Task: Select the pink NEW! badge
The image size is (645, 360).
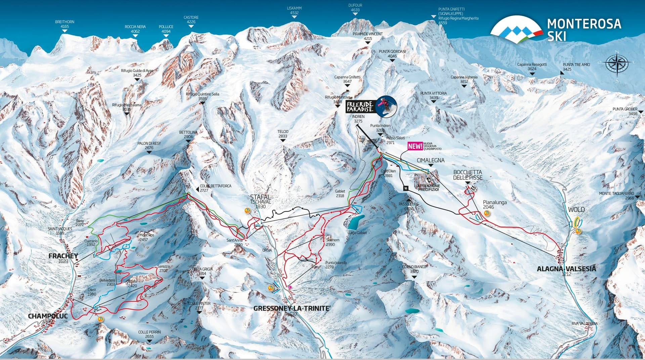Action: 415,146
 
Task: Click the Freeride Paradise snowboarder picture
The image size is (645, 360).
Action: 386,106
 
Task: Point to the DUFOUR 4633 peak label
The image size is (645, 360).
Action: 355,8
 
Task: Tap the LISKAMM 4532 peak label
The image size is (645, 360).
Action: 294,10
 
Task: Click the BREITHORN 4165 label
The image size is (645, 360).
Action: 64,24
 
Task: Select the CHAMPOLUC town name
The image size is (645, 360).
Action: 48,316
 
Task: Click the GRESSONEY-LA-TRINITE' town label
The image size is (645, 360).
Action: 290,308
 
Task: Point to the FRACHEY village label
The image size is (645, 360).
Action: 63,256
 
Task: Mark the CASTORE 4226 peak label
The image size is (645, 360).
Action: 191,19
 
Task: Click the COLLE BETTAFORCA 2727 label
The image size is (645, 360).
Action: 216,188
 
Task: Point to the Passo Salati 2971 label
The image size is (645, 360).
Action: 395,140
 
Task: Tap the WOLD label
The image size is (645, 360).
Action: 576,210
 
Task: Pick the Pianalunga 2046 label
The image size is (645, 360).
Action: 494,204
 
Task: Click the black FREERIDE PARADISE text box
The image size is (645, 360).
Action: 360,107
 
